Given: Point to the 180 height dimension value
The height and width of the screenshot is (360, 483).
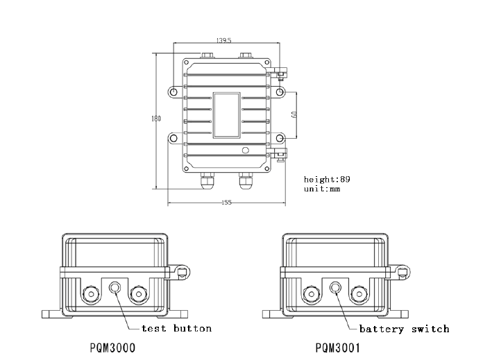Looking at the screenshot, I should tap(156, 119).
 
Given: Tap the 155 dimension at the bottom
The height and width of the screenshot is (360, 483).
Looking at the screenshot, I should tap(226, 203).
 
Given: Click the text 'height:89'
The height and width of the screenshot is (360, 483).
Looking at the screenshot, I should tap(327, 179).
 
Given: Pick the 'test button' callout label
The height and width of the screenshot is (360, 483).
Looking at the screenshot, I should tap(176, 328).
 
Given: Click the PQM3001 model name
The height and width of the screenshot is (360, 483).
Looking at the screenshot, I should tap(337, 348).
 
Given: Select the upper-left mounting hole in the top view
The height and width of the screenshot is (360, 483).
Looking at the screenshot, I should tap(173, 92).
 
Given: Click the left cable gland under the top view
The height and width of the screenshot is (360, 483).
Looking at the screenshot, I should tap(207, 182).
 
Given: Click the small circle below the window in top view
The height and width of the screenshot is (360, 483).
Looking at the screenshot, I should tap(244, 151).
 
